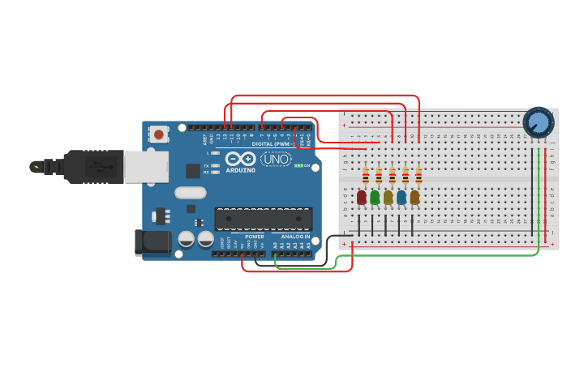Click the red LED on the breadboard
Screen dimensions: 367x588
[362, 197]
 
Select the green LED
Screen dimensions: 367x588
[375, 197]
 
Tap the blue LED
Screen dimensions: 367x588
[401, 197]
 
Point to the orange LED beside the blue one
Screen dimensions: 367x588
[414, 197]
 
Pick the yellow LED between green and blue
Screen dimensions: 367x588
[388, 197]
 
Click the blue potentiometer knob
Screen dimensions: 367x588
[538, 122]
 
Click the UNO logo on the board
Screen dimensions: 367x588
[276, 159]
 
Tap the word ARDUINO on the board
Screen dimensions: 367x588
[241, 170]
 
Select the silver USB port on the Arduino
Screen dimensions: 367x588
[146, 167]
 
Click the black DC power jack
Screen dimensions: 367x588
[152, 241]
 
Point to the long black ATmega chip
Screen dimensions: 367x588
[264, 218]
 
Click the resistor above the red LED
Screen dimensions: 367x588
[366, 176]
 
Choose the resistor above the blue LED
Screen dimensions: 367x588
[406, 176]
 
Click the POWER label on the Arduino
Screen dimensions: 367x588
[254, 237]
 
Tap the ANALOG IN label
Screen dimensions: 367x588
[295, 237]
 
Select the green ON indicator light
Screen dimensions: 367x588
[299, 165]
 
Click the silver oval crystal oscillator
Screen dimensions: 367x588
[191, 193]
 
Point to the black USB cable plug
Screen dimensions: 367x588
[93, 167]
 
